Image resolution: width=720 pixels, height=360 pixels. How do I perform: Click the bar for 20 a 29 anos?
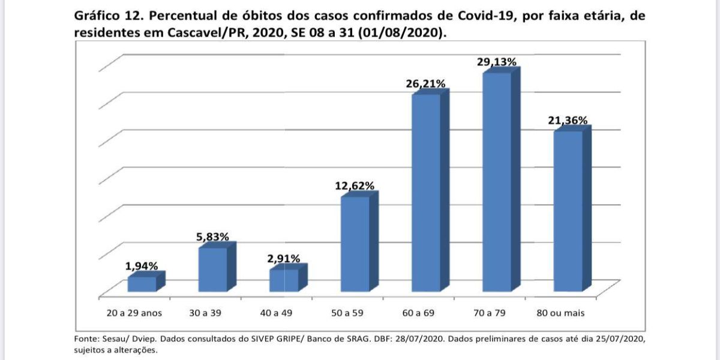[x=142, y=284]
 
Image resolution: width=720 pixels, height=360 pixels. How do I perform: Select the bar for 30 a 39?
[x=212, y=269]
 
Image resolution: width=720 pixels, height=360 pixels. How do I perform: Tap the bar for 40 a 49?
[x=284, y=280]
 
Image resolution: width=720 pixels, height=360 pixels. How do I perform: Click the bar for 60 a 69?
[x=425, y=193]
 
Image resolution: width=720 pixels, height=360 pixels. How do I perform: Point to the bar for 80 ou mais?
[x=568, y=211]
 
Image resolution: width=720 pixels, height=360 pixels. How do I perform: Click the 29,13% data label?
[x=496, y=62]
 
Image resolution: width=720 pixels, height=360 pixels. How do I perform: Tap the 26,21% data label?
[x=425, y=84]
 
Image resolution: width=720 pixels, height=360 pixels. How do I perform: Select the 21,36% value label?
[x=567, y=121]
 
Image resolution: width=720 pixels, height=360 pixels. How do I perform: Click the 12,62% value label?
[x=355, y=186]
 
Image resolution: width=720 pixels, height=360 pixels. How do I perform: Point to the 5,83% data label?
[x=212, y=237]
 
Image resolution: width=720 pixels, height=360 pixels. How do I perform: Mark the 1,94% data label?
[x=142, y=266]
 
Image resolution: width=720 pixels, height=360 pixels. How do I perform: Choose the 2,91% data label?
[x=284, y=259]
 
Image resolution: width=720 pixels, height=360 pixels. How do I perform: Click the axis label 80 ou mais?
[x=568, y=313]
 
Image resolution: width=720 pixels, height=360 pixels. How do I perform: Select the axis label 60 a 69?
[x=425, y=313]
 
